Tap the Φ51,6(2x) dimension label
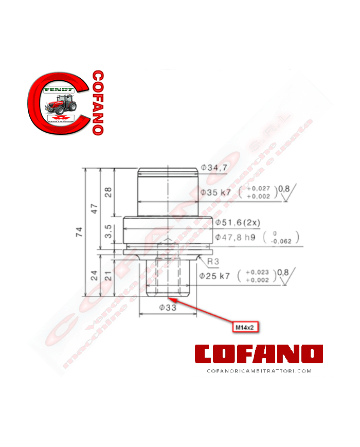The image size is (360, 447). (238, 222)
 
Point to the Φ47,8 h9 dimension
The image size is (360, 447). (236, 237)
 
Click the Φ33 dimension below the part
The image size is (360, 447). (168, 307)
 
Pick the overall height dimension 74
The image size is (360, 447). (79, 232)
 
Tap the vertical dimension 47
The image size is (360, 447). (94, 209)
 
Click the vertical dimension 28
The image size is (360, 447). (108, 192)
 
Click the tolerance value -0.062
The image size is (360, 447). (280, 240)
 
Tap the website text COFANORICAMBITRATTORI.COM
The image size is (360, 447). (259, 370)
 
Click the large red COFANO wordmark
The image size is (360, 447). (259, 354)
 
